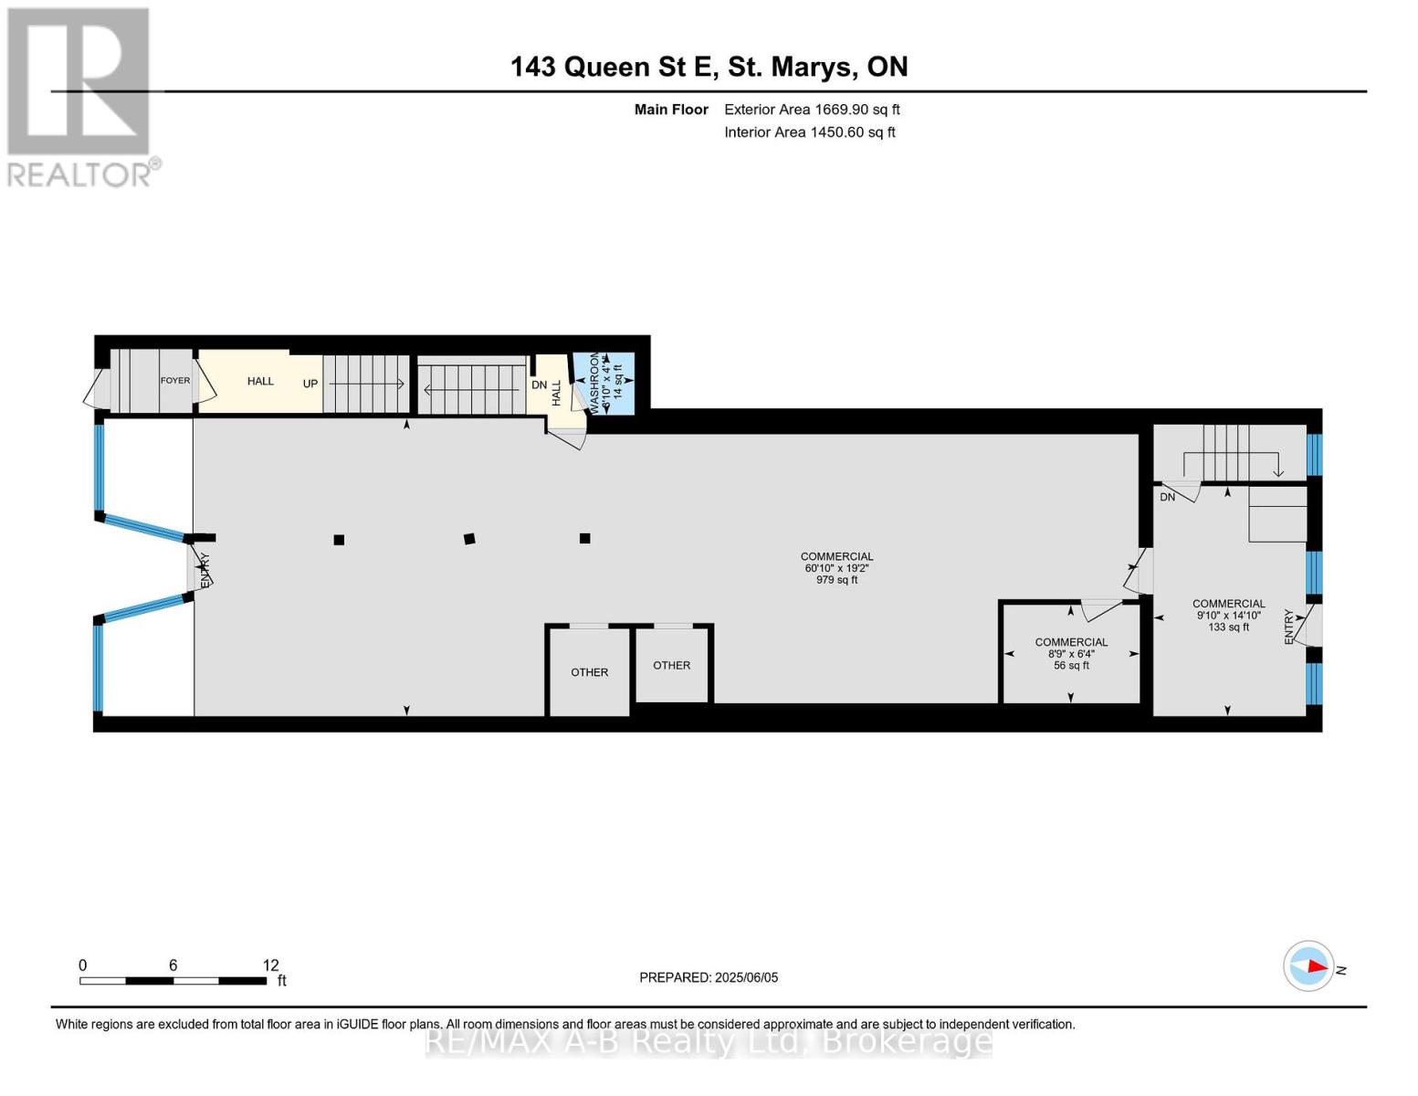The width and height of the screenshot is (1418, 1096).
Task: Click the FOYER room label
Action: (x=175, y=381)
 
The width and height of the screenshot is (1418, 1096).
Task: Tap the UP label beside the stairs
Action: (x=310, y=384)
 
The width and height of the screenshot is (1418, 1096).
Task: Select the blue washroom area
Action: (x=604, y=384)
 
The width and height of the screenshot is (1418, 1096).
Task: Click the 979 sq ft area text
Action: (x=836, y=580)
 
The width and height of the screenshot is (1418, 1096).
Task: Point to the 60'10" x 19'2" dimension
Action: (x=836, y=568)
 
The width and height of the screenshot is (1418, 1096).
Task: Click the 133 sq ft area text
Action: (x=1229, y=627)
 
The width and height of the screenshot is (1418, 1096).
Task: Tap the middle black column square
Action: (x=469, y=539)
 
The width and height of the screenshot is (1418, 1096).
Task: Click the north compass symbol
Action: (x=1308, y=966)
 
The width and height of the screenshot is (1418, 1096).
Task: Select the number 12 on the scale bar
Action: (x=271, y=964)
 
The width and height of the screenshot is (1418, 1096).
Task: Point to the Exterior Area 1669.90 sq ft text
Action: (x=812, y=110)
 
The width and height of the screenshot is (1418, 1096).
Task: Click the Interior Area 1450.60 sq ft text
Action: (x=810, y=132)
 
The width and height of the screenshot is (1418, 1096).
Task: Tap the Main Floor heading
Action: (x=671, y=110)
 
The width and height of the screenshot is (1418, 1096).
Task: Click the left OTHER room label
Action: (x=589, y=672)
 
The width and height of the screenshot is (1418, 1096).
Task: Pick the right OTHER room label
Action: (x=671, y=665)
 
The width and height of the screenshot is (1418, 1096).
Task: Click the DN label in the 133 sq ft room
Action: (x=1168, y=498)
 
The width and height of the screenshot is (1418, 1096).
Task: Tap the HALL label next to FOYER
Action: (x=260, y=381)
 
